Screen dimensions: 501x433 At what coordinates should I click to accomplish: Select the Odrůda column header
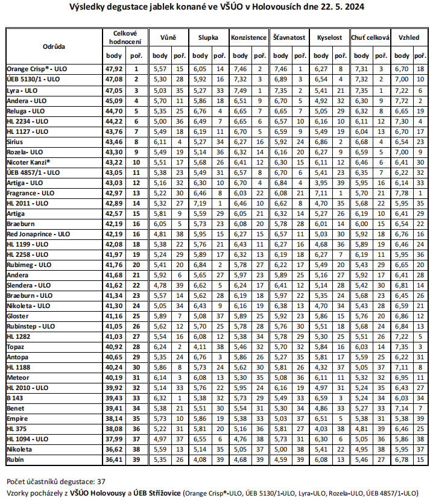click(x=54, y=46)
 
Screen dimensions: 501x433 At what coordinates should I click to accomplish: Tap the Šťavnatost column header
click(x=288, y=37)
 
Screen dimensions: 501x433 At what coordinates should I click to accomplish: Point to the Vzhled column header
click(x=409, y=37)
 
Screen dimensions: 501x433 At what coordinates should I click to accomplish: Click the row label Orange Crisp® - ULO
click(x=36, y=69)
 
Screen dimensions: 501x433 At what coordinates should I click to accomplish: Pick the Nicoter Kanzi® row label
click(x=28, y=162)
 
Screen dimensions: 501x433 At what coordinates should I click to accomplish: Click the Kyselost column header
click(x=329, y=37)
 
